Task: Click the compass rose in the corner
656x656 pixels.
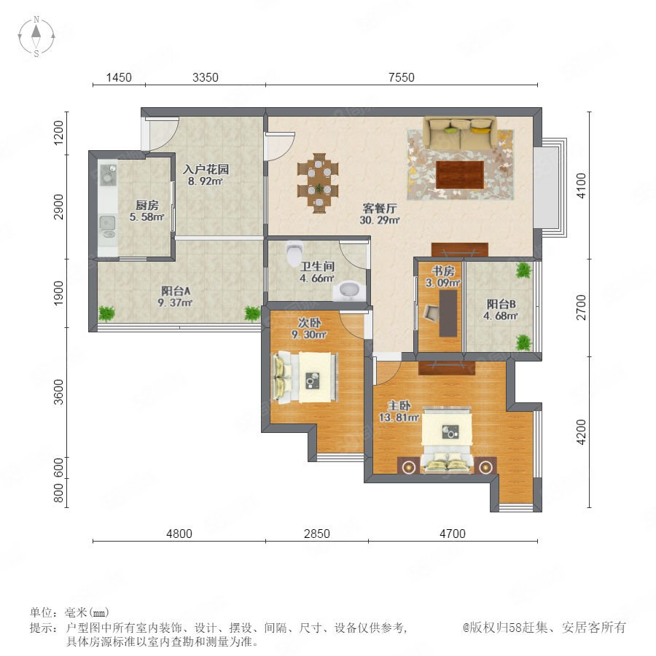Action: point(36,36)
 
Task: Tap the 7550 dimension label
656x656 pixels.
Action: point(401,77)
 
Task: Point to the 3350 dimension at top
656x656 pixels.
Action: point(206,77)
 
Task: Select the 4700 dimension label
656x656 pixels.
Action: point(453,534)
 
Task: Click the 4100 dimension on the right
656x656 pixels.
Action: point(582,186)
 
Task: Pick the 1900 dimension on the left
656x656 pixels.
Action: point(58,293)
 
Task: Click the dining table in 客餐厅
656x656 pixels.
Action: point(319,183)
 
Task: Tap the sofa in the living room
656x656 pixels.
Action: point(460,133)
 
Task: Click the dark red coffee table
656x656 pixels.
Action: point(460,175)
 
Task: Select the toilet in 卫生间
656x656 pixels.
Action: point(294,252)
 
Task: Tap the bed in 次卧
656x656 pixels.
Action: point(305,377)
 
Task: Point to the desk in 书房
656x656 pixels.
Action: point(448,313)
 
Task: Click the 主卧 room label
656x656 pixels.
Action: point(399,405)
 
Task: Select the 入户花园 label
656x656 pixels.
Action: point(206,169)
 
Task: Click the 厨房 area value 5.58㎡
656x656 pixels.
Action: point(147,217)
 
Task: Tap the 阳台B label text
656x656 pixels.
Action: point(501,304)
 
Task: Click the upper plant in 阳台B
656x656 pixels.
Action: point(523,270)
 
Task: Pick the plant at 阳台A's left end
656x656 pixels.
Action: point(106,313)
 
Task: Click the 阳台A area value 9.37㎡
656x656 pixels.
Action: point(175,302)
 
